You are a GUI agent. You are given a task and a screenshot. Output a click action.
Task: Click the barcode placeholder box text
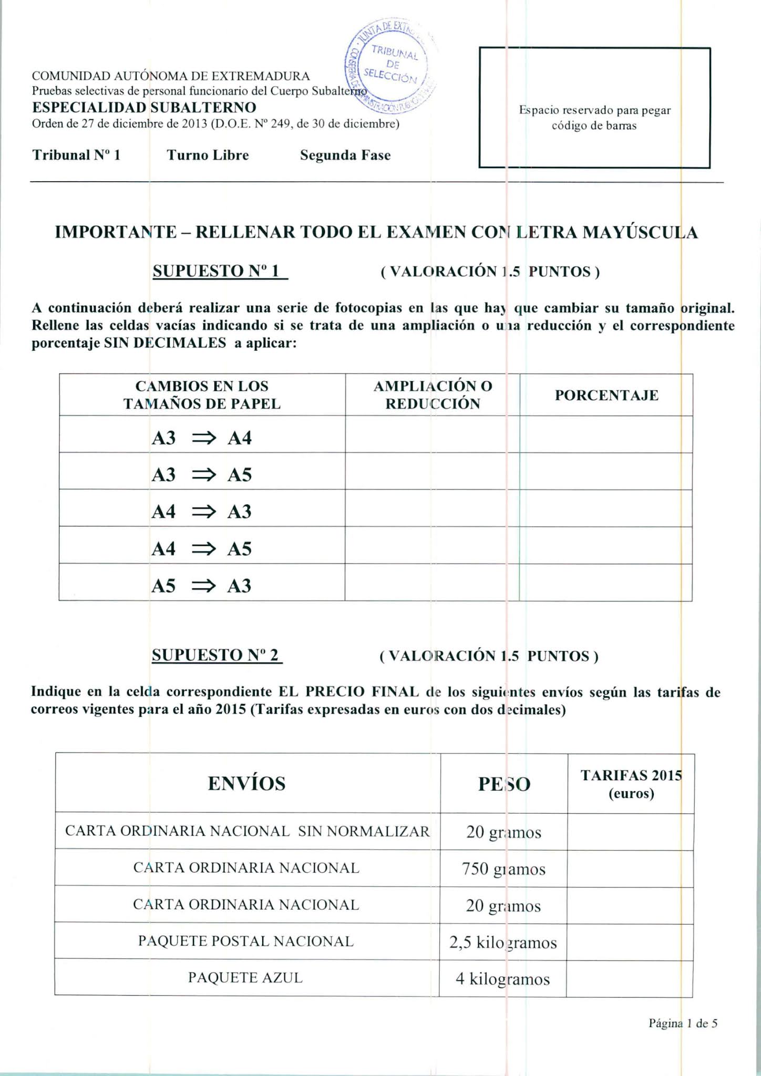594,118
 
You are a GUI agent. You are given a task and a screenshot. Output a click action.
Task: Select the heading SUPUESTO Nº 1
220,271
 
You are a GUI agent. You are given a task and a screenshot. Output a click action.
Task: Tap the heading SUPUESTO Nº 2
217,655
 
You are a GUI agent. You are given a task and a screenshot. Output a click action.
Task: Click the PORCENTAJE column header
606,395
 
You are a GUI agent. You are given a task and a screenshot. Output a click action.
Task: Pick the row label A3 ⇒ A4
202,438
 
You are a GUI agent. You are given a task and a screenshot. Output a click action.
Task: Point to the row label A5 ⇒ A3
202,585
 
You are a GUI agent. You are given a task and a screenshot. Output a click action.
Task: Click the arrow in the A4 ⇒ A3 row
203,512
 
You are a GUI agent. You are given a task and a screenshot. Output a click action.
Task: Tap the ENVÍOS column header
246,783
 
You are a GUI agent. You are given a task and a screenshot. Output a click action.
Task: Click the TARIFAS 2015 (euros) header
631,784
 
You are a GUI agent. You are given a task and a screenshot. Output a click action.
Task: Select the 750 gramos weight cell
503,869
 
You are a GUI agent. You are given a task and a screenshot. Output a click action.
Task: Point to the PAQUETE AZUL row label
245,978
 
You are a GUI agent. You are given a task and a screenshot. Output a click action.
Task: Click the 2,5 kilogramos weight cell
503,943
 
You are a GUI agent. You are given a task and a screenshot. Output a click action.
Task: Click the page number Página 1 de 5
683,1023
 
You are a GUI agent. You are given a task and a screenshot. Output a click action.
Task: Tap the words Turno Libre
208,155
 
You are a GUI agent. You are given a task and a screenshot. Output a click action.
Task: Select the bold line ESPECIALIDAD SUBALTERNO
144,108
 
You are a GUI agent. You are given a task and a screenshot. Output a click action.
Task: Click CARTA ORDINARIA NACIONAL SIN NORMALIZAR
247,831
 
